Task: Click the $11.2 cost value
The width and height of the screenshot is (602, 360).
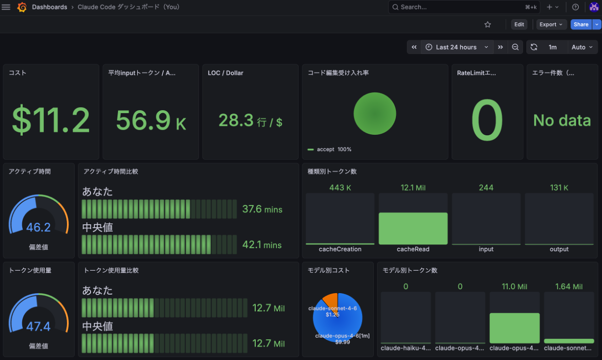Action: click(x=51, y=120)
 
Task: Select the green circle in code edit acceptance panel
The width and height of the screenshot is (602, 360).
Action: click(x=375, y=114)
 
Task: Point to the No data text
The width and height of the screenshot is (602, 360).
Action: click(x=562, y=120)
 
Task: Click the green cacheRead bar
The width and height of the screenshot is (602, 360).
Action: click(x=413, y=228)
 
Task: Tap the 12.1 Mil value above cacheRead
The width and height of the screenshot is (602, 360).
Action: click(x=413, y=187)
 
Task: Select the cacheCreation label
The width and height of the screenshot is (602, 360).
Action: click(x=340, y=249)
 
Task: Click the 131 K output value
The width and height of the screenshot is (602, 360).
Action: click(x=559, y=187)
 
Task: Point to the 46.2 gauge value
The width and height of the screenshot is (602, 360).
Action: click(x=38, y=227)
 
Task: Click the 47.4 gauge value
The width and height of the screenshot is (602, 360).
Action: click(x=38, y=327)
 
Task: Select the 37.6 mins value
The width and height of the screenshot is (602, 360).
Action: click(x=262, y=210)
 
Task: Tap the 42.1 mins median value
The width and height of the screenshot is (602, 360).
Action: click(x=262, y=245)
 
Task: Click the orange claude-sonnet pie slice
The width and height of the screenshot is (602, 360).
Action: click(x=331, y=300)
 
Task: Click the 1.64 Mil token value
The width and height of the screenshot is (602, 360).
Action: click(x=569, y=286)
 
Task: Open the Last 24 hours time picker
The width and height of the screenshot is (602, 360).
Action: click(x=456, y=47)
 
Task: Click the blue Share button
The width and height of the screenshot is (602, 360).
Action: click(x=581, y=25)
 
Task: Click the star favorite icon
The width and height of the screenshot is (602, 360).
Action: click(x=487, y=25)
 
